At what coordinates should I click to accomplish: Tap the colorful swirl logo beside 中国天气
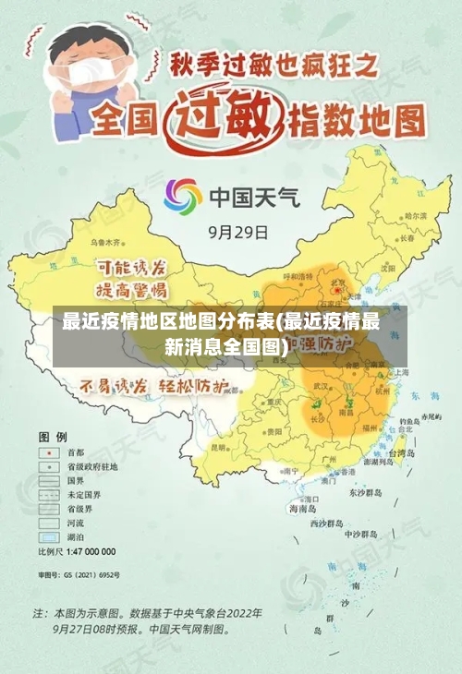tap(183, 197)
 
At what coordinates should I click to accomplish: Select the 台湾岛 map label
tap(404, 453)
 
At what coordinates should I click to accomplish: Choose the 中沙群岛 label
tap(361, 534)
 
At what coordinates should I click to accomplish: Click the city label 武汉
tap(322, 385)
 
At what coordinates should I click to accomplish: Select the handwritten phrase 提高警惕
tap(131, 289)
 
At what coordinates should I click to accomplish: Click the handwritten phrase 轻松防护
tap(195, 386)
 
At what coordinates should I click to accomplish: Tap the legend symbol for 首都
tap(46, 452)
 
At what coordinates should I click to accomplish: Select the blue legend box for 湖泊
tap(46, 536)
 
